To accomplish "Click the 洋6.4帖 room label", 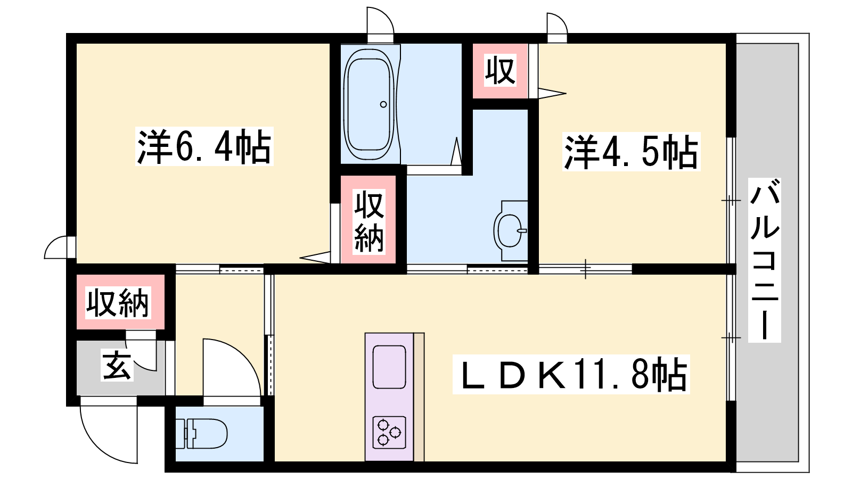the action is click(204, 146).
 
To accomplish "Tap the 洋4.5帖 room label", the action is click(632, 152).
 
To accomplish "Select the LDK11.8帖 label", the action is click(571, 375).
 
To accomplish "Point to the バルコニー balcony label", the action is click(765, 260).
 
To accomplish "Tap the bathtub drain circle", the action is click(383, 104).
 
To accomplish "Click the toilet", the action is click(202, 434).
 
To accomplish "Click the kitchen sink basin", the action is click(389, 367).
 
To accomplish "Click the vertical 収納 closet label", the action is click(369, 221).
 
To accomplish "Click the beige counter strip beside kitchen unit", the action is click(419, 397).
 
